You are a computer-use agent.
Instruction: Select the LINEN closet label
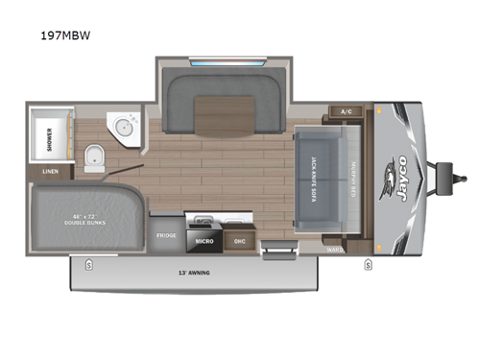[48, 173]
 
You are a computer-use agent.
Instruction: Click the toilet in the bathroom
[94, 158]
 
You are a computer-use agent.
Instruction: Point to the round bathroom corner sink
[123, 127]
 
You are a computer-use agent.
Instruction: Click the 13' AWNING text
[193, 274]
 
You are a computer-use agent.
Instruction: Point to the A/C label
[347, 111]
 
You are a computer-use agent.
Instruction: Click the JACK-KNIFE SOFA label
[318, 183]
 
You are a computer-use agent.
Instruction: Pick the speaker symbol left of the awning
[89, 263]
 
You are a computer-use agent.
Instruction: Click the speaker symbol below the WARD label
[367, 263]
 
